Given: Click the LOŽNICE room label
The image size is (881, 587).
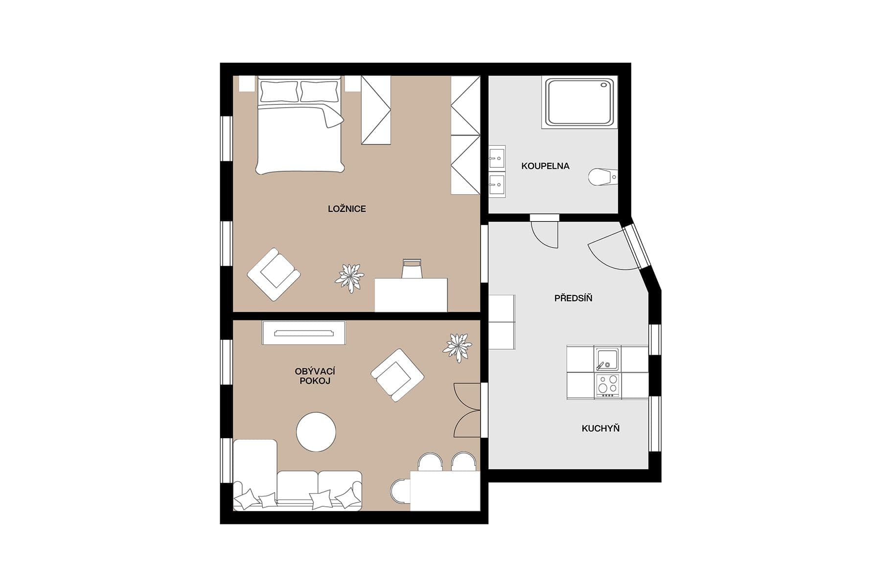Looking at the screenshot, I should point(347,209).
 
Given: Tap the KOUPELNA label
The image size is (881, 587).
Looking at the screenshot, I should point(545,166).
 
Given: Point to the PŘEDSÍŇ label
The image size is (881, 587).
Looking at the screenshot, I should point(573,298).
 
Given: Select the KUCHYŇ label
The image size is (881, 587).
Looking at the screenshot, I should point(601,429).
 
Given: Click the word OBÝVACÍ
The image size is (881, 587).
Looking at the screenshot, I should point(315,371).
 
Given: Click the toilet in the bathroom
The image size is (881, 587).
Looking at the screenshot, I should point(603,177).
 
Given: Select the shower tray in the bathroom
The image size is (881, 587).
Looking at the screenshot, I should point(579,102).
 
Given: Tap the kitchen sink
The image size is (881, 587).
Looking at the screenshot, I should point(606,359).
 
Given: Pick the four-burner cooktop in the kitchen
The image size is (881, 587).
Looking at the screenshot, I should point(608,385).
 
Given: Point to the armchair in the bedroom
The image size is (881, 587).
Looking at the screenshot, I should point(274,274).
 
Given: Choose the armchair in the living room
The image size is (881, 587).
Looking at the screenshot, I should point(397,375).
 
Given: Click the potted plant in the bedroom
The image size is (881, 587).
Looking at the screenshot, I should point(349,277).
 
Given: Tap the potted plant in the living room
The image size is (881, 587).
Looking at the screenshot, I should point(458,347).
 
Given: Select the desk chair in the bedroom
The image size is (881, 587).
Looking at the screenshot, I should point(412,269).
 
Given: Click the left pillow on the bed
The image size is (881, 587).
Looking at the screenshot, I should point(279,91).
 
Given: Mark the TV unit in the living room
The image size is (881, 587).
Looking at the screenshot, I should point(303,333).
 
